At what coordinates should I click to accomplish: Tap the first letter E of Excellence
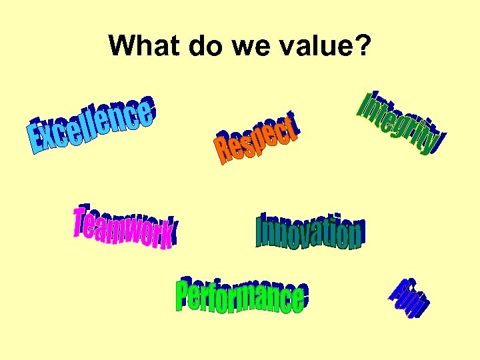click(37, 138)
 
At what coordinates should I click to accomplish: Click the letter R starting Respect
click(222, 152)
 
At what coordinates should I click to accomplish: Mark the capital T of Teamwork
click(81, 221)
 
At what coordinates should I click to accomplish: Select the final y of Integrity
click(435, 142)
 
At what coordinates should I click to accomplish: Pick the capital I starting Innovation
click(261, 231)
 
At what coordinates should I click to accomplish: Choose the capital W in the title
click(120, 46)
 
